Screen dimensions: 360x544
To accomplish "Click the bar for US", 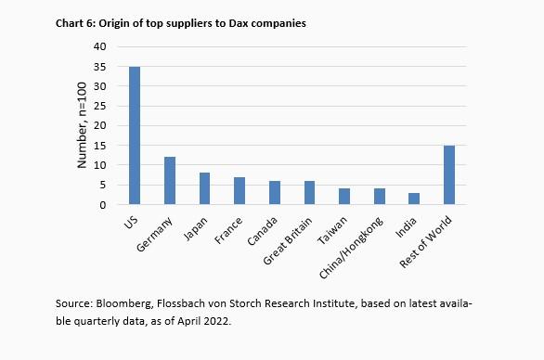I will pyautogui.click(x=136, y=135).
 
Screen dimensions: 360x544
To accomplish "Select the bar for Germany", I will pyautogui.click(x=170, y=181).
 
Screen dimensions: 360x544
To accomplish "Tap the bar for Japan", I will pyautogui.click(x=205, y=188).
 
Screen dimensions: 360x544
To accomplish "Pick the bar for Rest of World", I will pyautogui.click(x=449, y=175).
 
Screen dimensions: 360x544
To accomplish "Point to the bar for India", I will pyautogui.click(x=414, y=199).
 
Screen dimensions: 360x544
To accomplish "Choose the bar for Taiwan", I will pyautogui.click(x=344, y=197).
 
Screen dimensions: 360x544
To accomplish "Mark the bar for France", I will pyautogui.click(x=240, y=190).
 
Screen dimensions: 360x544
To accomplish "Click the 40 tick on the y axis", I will pyautogui.click(x=107, y=46).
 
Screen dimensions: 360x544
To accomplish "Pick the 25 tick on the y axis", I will pyautogui.click(x=107, y=106).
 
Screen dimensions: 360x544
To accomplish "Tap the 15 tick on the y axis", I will pyautogui.click(x=107, y=146).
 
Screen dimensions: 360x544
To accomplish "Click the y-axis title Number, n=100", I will pyautogui.click(x=83, y=125).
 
